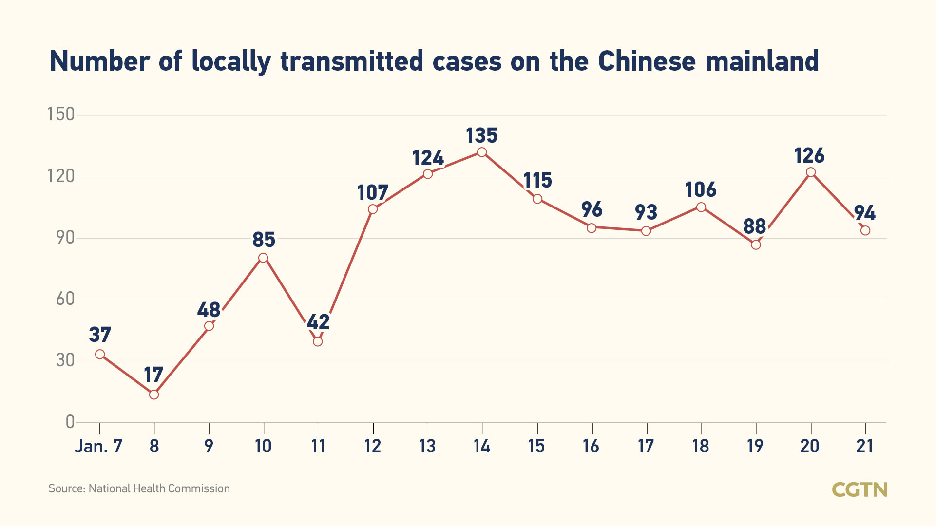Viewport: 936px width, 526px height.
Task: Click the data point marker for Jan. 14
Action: coord(482,152)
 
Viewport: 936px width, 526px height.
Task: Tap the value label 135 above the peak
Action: coord(481,135)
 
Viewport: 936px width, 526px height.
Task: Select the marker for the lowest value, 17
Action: coord(154,394)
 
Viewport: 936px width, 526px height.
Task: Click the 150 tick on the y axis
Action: coord(61,114)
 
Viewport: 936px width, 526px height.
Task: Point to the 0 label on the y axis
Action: coord(70,422)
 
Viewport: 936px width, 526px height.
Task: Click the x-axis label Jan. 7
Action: coord(98,446)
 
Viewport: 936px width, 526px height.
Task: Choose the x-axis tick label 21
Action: coord(865,446)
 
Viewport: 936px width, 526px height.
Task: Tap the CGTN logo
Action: coord(860,489)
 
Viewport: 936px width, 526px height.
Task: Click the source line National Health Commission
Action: coord(139,488)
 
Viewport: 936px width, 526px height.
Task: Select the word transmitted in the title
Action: coord(352,61)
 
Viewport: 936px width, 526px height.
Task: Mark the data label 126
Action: coord(809,156)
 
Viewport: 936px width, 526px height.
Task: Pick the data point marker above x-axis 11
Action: coord(318,341)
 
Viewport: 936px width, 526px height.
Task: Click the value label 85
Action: coord(264,240)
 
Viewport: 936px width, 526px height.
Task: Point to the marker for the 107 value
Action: coord(373,209)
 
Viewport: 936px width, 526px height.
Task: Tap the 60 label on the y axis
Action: coord(65,299)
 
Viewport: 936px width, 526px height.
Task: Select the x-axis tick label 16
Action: coord(591,446)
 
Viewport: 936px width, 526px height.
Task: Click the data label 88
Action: coord(755,226)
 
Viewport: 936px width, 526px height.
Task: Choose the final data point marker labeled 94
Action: coord(865,230)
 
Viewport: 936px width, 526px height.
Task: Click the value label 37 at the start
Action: coord(100,335)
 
